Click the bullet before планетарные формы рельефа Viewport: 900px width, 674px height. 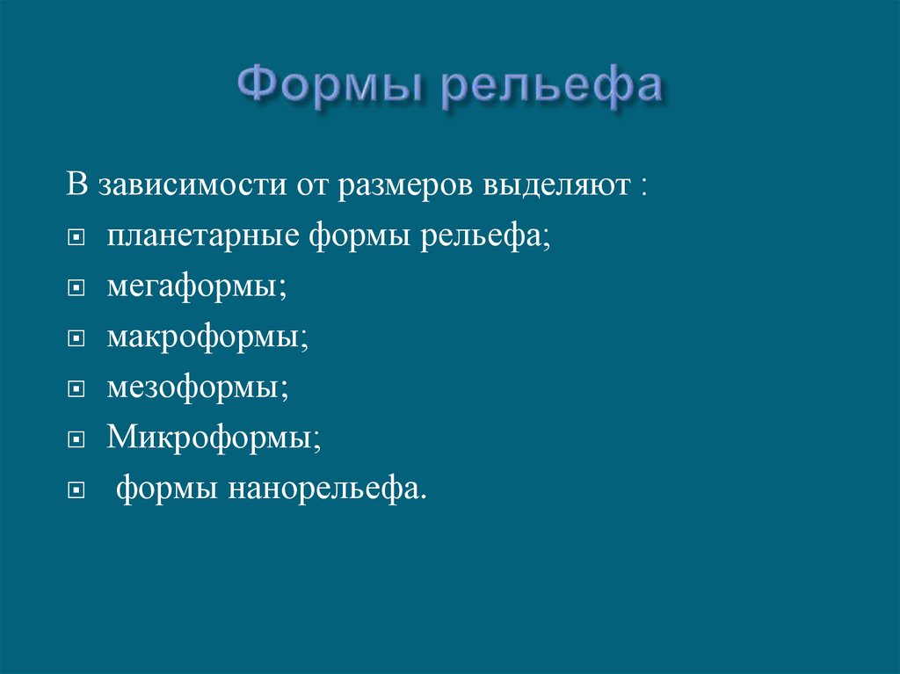pyautogui.click(x=77, y=239)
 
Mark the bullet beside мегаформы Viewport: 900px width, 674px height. pyautogui.click(x=77, y=288)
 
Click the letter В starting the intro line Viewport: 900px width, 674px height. pyautogui.click(x=78, y=188)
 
